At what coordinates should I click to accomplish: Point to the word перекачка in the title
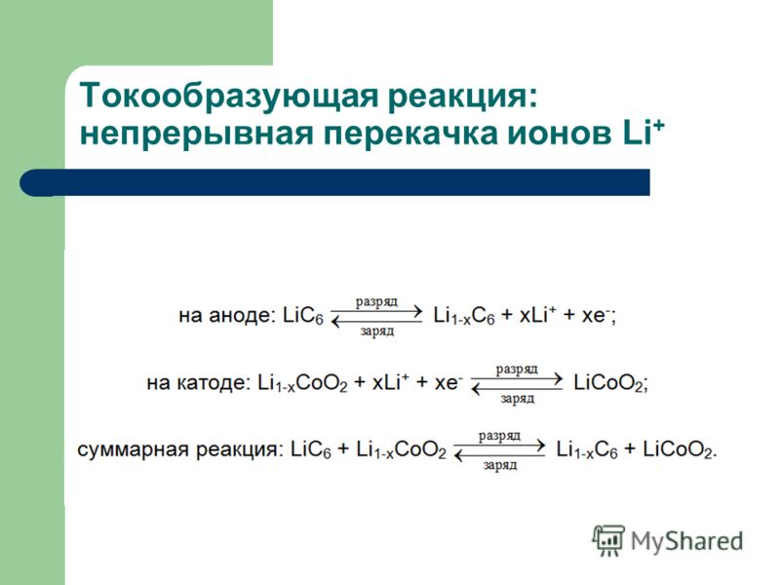(x=410, y=134)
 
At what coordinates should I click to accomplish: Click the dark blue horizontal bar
(x=334, y=182)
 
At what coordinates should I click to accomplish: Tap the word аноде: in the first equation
(x=242, y=315)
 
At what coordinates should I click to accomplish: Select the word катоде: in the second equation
(x=213, y=382)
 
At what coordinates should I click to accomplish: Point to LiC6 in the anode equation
(x=303, y=315)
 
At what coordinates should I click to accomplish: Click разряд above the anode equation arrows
(x=376, y=302)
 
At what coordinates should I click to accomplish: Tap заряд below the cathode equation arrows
(x=518, y=399)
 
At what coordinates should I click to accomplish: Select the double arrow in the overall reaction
(x=500, y=450)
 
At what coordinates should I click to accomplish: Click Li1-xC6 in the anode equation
(x=464, y=316)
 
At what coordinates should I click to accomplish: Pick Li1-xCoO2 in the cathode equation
(x=302, y=383)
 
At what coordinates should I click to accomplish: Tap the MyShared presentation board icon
(x=608, y=541)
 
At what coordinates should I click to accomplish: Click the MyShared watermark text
(x=687, y=542)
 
